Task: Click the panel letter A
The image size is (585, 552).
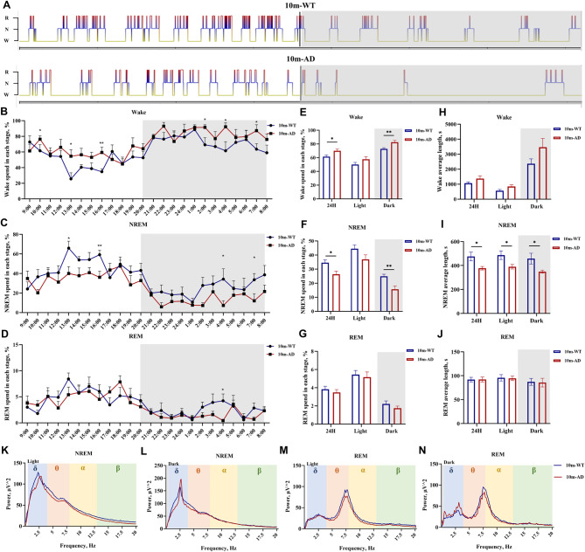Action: [x=5, y=5]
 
